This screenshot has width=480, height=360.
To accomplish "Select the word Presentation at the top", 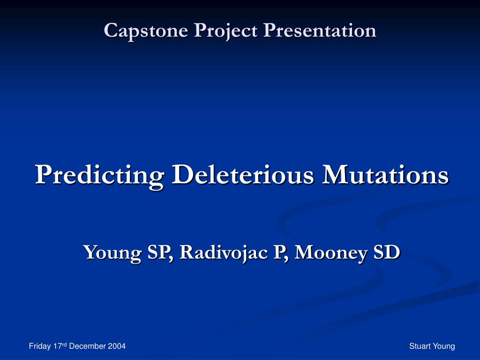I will [320, 30].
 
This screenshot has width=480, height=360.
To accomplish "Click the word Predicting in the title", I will [99, 175].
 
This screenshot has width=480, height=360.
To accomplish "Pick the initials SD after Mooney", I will [386, 252].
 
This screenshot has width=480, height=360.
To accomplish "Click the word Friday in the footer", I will [39, 346].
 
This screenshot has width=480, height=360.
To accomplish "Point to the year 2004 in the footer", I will [117, 346].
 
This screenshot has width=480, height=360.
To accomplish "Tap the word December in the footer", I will [88, 346].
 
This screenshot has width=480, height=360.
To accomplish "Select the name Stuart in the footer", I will [419, 346].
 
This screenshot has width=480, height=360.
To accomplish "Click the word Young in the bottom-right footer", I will [444, 346].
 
